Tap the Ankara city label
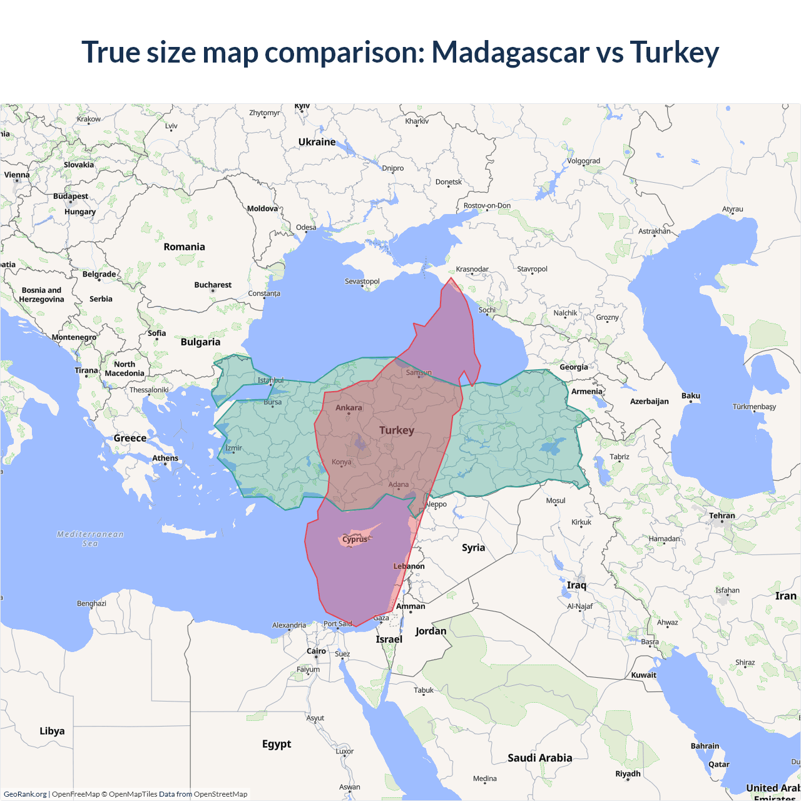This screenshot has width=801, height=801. click(349, 408)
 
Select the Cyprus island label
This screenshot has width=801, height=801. click(355, 539)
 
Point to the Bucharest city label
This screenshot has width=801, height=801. click(213, 285)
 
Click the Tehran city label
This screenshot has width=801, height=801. click(722, 516)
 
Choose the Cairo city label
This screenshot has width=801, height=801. click(316, 651)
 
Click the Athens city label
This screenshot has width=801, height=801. click(165, 458)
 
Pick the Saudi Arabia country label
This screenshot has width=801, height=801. click(539, 758)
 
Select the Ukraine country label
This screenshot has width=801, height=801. click(317, 142)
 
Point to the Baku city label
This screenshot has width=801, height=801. click(690, 395)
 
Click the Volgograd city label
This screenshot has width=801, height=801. click(583, 161)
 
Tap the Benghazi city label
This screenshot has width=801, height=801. click(91, 603)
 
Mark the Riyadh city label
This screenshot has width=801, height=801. click(628, 773)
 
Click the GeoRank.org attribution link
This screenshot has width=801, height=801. click(25, 794)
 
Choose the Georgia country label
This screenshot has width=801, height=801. click(573, 367)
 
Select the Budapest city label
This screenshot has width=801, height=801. click(71, 196)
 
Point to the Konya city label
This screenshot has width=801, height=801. click(341, 462)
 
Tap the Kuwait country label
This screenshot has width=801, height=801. click(643, 675)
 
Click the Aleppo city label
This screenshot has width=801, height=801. click(436, 504)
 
